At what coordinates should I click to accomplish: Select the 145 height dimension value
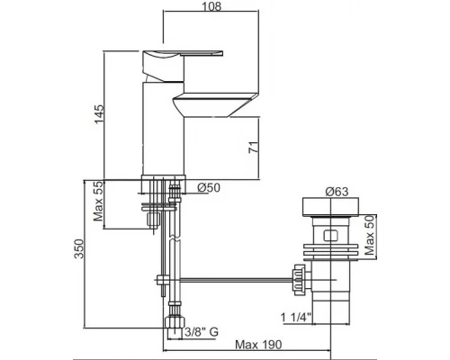[100, 113]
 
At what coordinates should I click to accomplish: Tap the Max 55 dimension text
[100, 205]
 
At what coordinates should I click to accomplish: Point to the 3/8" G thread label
[201, 332]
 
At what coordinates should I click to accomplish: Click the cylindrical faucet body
[163, 135]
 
